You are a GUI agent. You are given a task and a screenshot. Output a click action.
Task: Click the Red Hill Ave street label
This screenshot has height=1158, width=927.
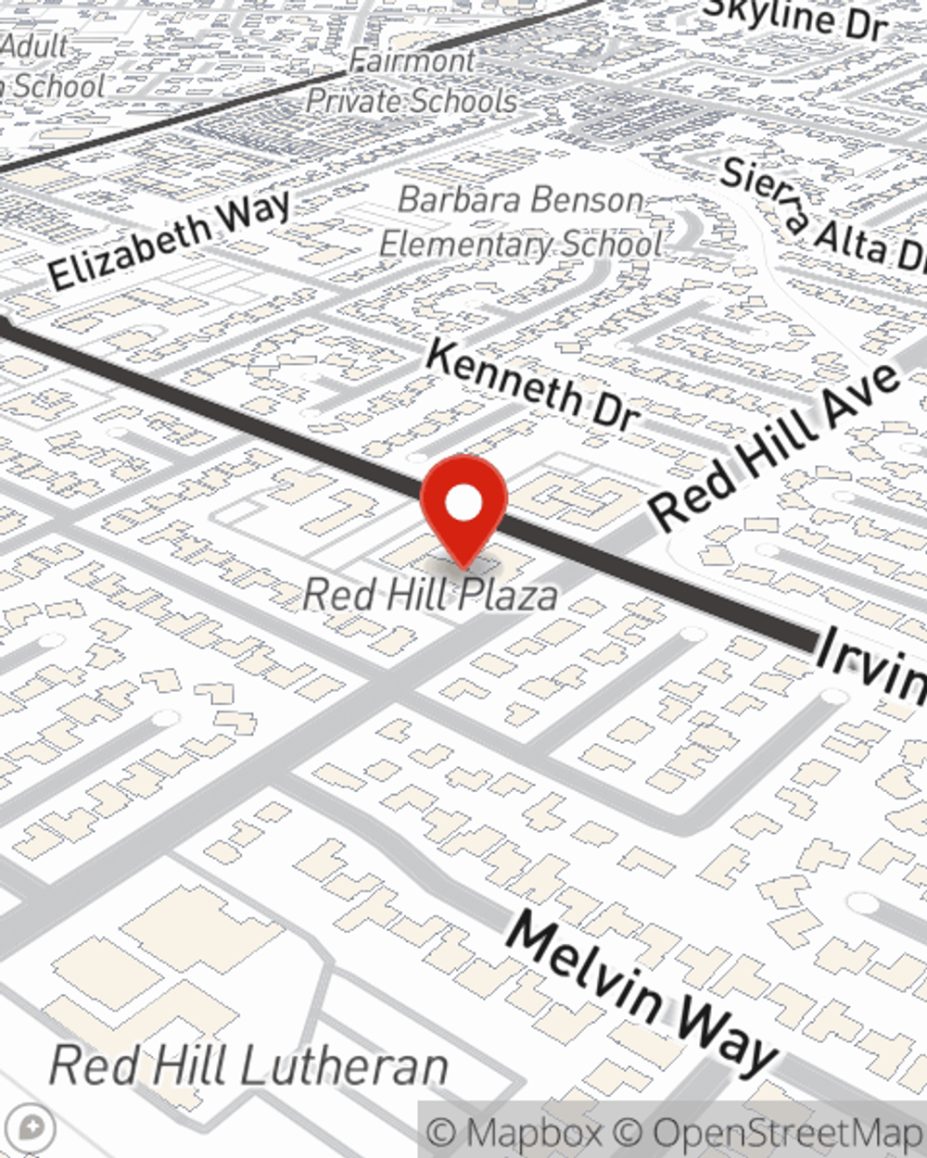pos(775,445)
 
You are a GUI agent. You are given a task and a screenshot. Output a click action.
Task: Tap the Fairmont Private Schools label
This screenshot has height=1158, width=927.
pos(413,82)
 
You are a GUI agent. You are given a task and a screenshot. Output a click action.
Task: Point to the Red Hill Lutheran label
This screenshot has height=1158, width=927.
pos(248,1065)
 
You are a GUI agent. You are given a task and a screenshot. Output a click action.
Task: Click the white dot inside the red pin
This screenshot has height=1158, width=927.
pos(463,503)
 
